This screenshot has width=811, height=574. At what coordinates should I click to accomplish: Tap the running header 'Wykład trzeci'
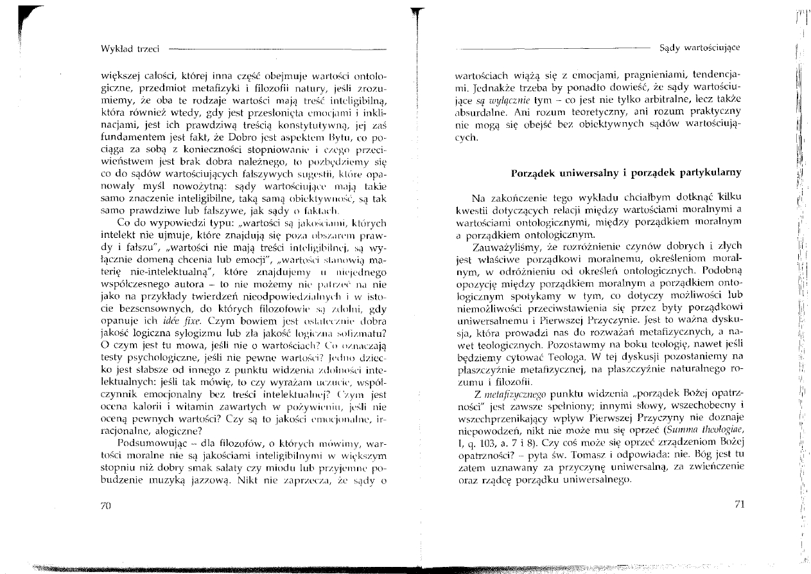coord(130,48)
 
